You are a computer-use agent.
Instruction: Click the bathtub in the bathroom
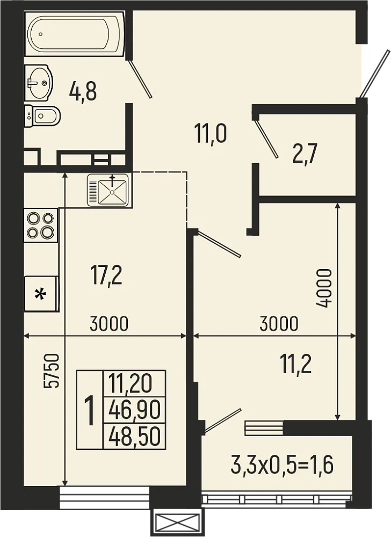(x=75, y=34)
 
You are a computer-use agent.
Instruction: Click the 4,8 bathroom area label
(x=83, y=92)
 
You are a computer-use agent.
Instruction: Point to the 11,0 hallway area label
(x=211, y=133)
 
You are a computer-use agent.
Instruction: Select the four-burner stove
(x=41, y=225)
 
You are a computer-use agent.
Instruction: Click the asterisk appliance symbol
(x=40, y=294)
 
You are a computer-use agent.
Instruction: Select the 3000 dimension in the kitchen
(x=109, y=324)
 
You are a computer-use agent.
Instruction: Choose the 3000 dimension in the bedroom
(x=278, y=324)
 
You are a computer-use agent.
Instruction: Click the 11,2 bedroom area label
(x=295, y=365)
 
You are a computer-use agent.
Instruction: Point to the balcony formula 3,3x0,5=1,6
(x=282, y=465)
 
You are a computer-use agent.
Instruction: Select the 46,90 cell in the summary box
(x=134, y=410)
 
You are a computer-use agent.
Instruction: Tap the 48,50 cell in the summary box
(x=134, y=437)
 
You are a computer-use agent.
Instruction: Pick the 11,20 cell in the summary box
(x=131, y=383)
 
